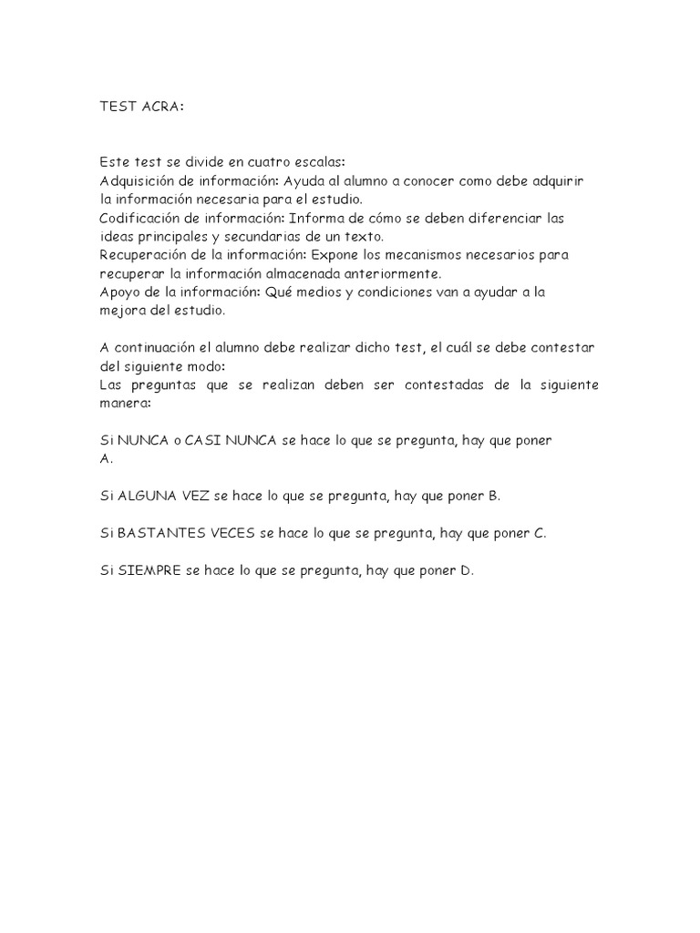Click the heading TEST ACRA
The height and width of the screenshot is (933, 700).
pos(141,106)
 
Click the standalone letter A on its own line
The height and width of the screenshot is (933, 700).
pos(104,459)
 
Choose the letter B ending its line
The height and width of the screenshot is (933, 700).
pos(493,497)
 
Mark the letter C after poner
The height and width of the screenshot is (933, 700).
pos(540,534)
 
